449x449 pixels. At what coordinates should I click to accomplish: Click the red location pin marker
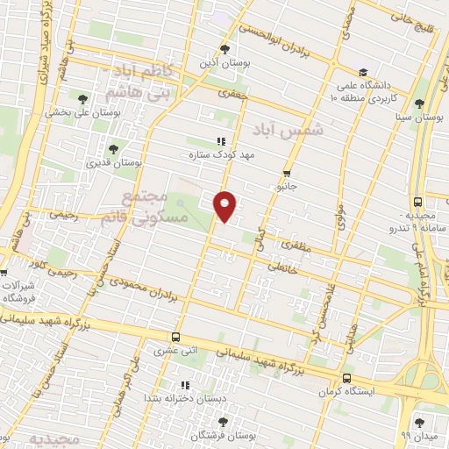(225, 206)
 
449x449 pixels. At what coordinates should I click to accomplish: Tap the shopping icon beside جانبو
(289, 174)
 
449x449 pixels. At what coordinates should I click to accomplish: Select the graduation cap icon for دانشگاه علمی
(363, 72)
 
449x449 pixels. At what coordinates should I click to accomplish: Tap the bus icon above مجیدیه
(417, 200)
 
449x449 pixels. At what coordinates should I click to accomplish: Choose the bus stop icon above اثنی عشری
(176, 337)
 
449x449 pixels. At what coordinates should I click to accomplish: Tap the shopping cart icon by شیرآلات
(4, 273)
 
